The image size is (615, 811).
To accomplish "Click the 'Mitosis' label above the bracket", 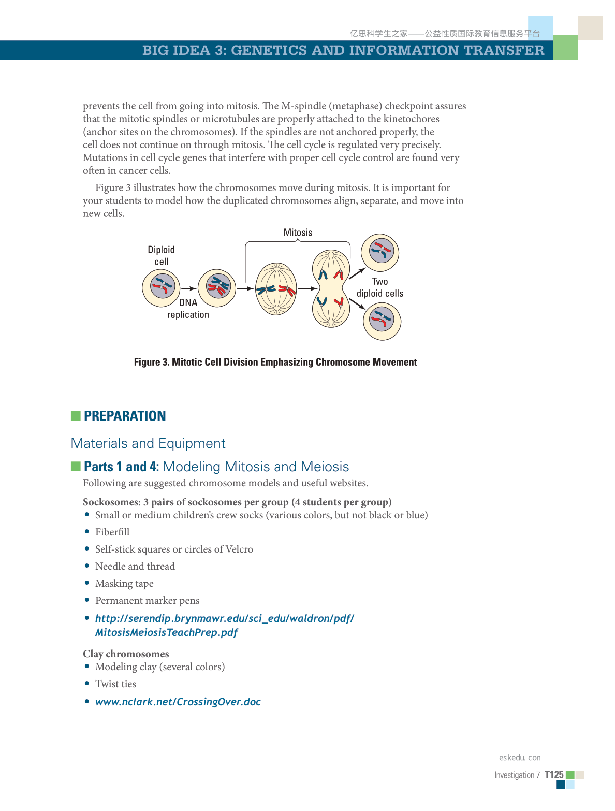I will (298, 233).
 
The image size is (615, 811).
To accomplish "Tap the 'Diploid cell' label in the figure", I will (161, 255).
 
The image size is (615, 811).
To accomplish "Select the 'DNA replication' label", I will (188, 309).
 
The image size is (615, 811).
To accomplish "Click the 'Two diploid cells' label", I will (379, 287).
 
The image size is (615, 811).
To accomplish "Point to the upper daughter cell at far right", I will (380, 252).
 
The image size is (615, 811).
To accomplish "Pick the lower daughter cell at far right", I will (382, 321).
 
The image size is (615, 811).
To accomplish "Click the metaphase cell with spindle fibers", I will (276, 289).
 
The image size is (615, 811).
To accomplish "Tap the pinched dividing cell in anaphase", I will (331, 289).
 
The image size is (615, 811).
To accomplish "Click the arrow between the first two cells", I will (189, 288).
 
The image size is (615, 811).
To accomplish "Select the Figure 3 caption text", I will (275, 362).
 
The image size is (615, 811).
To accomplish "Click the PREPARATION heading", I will (125, 416).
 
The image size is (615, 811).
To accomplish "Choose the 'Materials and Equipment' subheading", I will (148, 443).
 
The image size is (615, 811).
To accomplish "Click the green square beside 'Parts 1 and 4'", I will (76, 467).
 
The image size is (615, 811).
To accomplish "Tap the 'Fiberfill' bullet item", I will (112, 532).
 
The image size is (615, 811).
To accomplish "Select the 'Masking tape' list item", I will (124, 583).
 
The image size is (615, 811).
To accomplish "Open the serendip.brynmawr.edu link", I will (224, 618).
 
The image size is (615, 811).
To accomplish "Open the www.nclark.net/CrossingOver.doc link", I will (178, 702).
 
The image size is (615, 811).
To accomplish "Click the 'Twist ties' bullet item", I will (115, 684).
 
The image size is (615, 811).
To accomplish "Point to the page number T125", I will (553, 775).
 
